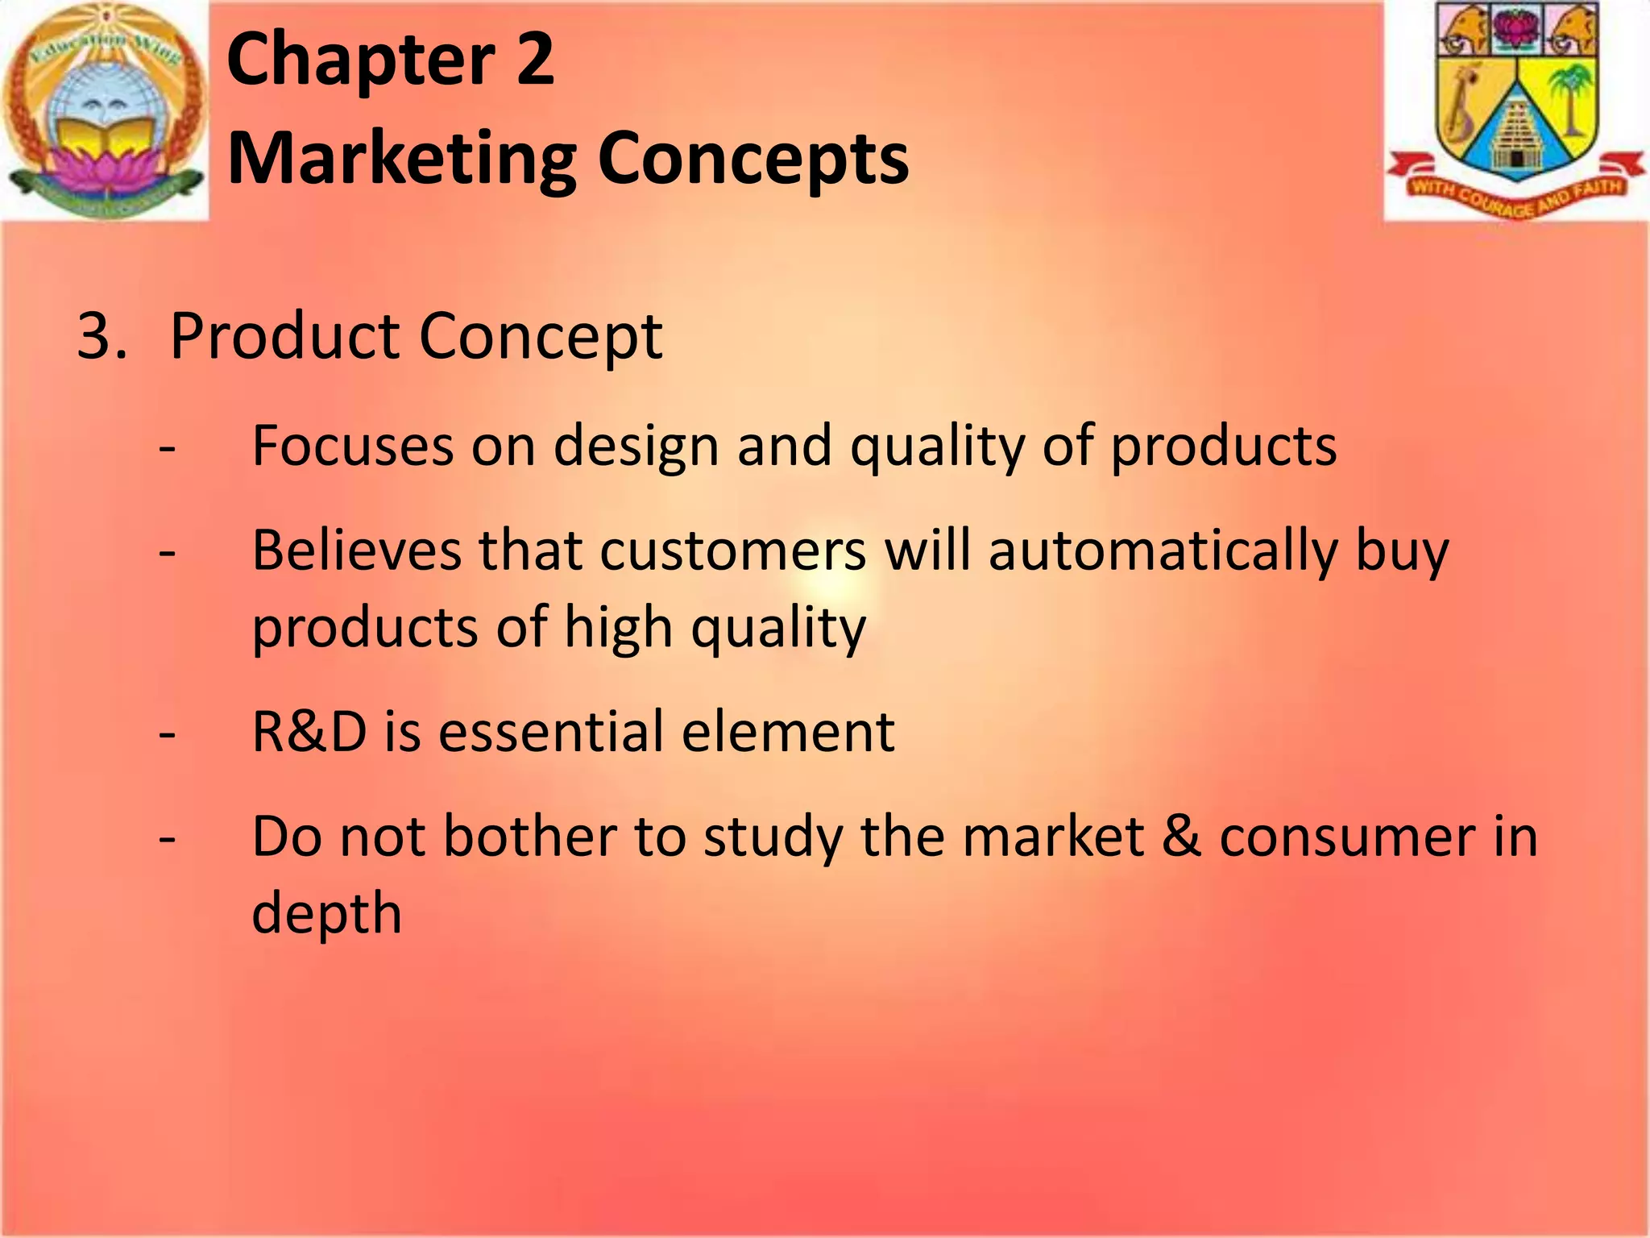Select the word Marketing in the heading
coord(401,159)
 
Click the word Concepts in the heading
coord(753,159)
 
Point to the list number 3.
coord(101,336)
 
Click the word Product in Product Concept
coord(285,336)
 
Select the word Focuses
coord(353,446)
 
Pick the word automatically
coord(1163,552)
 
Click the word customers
coord(733,552)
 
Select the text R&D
coord(309,732)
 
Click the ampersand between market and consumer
coord(1181,837)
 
